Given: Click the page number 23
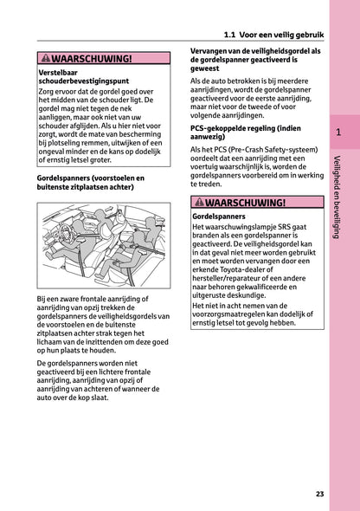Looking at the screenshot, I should (319, 494).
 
